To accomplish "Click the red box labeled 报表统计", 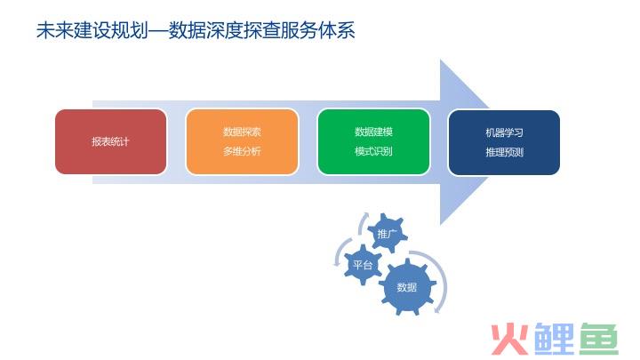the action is click(x=110, y=141).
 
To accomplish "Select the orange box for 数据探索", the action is click(x=242, y=141).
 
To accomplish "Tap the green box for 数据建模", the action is click(x=373, y=141).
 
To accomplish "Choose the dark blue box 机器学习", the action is click(x=504, y=142).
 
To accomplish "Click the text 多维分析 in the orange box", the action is click(x=242, y=151).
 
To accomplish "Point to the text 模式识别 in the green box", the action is click(x=373, y=151).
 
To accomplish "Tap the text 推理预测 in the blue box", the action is click(x=505, y=152).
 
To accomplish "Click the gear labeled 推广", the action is click(x=387, y=234).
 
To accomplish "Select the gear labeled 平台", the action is click(x=363, y=265).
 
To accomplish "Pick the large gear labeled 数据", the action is click(x=407, y=287).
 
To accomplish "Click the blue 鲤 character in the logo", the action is click(x=555, y=339).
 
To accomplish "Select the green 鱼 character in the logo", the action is click(x=599, y=339).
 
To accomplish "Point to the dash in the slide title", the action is click(x=158, y=31).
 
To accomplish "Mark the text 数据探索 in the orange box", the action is click(x=242, y=132).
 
